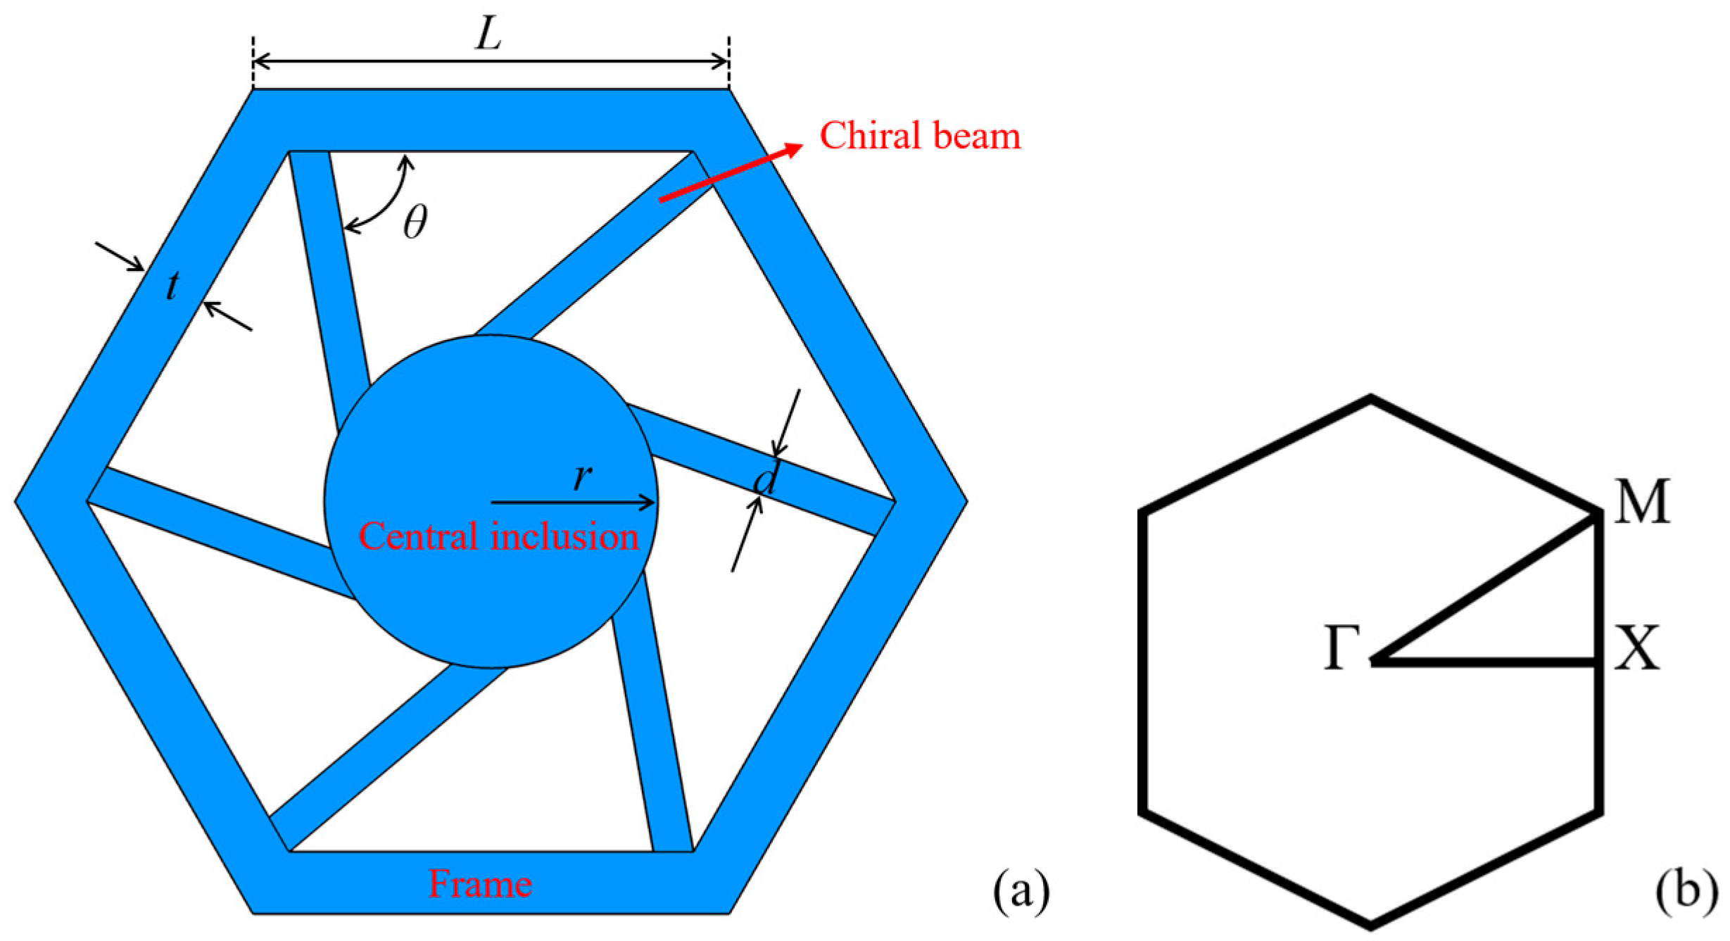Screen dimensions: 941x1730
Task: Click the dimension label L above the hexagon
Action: click(488, 33)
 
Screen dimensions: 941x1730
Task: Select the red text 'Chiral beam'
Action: click(919, 136)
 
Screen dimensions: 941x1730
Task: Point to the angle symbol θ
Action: click(415, 222)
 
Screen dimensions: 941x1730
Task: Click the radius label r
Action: click(582, 477)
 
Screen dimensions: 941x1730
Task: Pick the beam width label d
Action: click(766, 481)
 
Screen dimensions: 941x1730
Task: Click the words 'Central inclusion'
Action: click(498, 536)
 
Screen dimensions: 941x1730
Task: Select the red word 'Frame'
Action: click(480, 885)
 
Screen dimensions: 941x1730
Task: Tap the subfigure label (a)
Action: click(1021, 890)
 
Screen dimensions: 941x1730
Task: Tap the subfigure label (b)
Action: click(1685, 890)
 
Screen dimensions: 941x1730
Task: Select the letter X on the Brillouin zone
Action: click(1637, 647)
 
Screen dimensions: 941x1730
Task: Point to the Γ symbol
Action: click(1341, 647)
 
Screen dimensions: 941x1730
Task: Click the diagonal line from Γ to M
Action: click(1485, 588)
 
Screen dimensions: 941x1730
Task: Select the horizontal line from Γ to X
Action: click(1485, 662)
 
